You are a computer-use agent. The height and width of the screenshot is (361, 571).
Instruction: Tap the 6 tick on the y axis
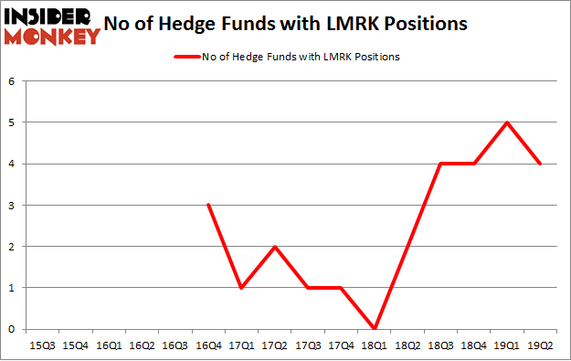13,81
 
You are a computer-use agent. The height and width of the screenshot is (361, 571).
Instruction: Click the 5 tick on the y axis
13,122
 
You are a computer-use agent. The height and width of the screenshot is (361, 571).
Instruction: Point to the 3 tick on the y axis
13,206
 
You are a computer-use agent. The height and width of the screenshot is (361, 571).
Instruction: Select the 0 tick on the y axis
13,329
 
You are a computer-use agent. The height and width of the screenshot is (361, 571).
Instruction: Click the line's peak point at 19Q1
507,122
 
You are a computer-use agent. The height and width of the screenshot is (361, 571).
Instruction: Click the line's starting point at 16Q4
209,206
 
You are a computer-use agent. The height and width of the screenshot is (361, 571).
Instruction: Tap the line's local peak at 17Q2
275,247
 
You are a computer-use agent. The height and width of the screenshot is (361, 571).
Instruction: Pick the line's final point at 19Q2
541,165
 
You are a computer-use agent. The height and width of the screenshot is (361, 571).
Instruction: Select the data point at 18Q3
441,165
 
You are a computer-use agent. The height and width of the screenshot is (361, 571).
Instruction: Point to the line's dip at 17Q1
242,288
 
